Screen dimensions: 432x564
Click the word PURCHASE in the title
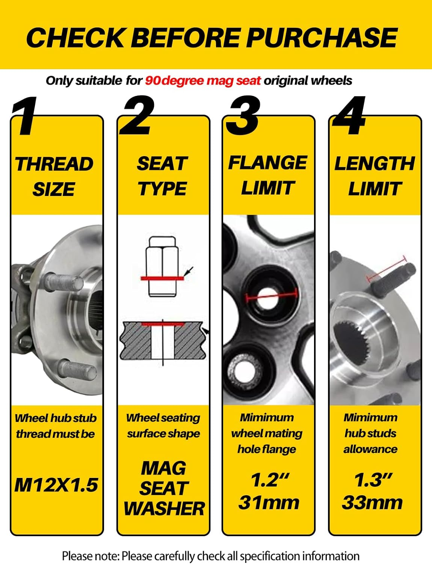coord(322,38)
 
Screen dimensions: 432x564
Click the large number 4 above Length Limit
coord(349,115)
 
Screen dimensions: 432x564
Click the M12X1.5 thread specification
coord(56,485)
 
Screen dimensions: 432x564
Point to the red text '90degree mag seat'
coord(202,81)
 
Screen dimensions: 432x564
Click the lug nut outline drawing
coord(162,267)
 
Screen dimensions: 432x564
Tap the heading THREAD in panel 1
coord(54,164)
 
